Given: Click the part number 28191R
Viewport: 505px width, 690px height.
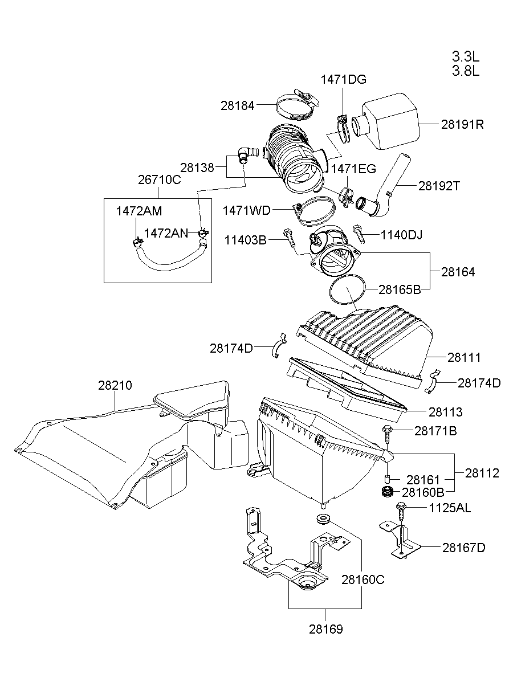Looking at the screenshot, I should (x=462, y=124).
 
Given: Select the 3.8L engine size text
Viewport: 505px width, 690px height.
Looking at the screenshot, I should (x=466, y=71).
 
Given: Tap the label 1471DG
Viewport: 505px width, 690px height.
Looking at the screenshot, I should (x=343, y=80).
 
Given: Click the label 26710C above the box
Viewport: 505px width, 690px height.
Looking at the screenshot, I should (x=159, y=180).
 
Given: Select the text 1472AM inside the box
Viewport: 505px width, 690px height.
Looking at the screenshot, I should (x=139, y=211).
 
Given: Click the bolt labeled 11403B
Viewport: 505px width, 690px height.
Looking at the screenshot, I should (x=289, y=239).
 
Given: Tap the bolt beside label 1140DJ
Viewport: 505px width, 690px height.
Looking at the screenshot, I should (x=360, y=231).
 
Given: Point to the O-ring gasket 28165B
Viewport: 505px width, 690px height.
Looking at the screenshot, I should (x=348, y=291).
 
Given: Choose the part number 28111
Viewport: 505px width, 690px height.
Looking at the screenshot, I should (x=463, y=358).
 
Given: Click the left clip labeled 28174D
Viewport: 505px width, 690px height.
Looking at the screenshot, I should (x=278, y=345).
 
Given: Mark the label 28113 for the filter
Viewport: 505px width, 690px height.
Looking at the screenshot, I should (x=446, y=412).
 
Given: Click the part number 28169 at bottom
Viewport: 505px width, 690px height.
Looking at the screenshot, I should (x=326, y=630).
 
